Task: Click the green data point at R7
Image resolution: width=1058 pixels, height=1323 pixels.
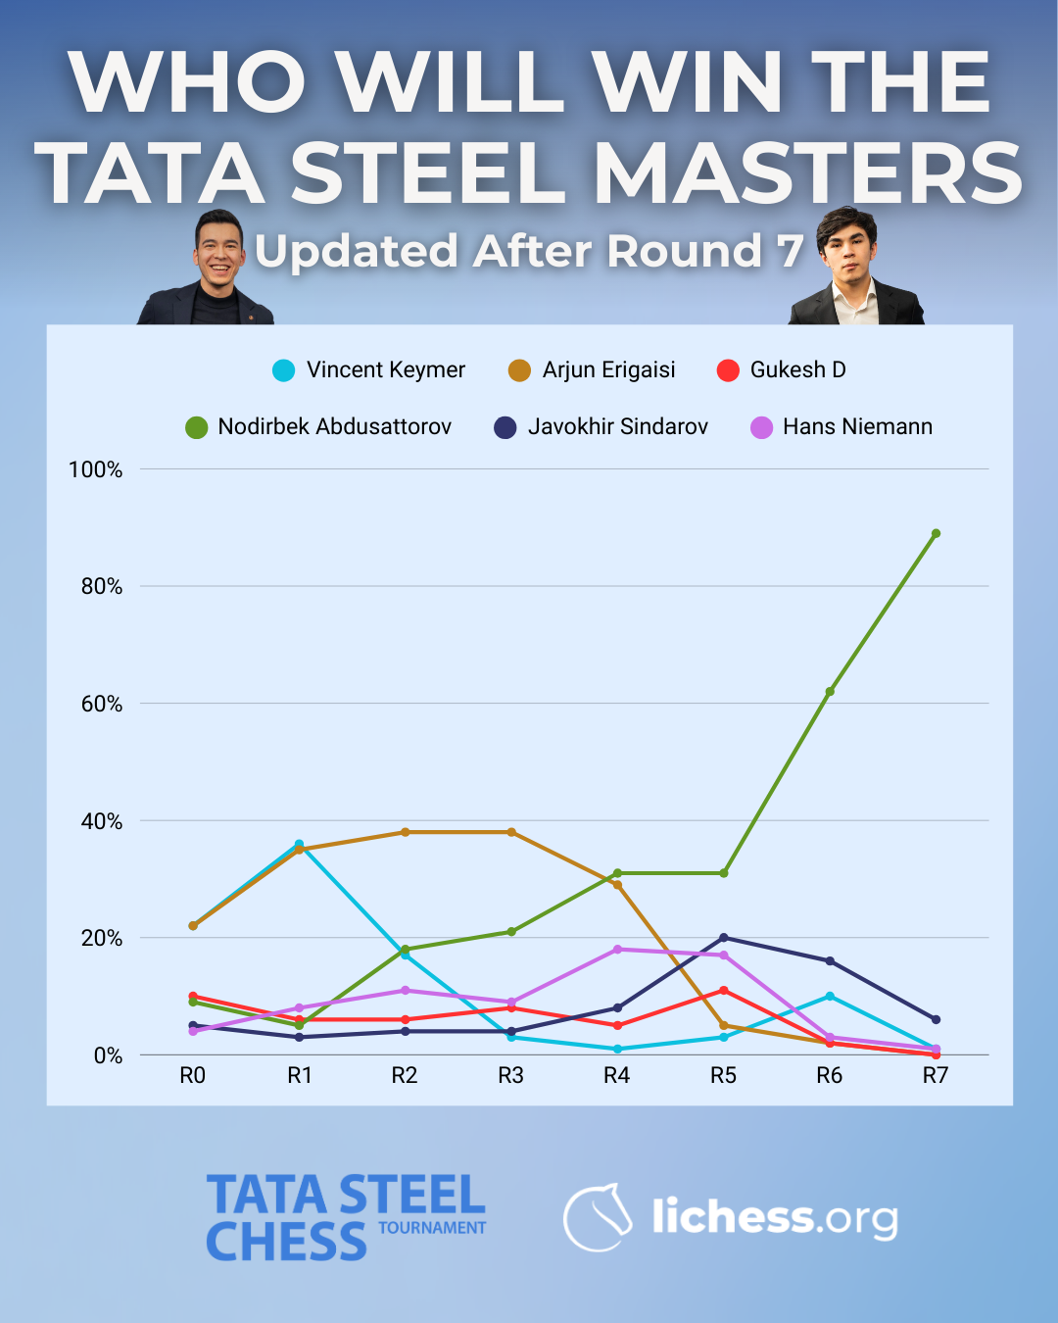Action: pos(936,534)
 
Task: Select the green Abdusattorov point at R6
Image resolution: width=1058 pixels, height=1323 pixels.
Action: pos(830,692)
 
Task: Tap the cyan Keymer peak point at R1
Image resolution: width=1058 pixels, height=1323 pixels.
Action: pos(299,845)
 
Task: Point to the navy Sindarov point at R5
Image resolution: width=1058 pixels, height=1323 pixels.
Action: pos(724,938)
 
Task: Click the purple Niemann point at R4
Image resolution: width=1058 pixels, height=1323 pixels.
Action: pos(617,950)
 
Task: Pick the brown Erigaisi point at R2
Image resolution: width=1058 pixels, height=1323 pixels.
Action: pos(405,832)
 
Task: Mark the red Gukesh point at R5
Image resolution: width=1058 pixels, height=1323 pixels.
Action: pos(724,991)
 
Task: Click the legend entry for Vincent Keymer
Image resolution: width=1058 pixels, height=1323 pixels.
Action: pos(385,370)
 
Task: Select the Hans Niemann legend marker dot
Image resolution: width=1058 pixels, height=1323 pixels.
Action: pos(761,428)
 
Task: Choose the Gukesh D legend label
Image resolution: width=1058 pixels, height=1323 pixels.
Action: pos(797,370)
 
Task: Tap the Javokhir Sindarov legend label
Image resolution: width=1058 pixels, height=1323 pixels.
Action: pos(617,427)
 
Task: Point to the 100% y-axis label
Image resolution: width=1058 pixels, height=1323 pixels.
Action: pos(96,470)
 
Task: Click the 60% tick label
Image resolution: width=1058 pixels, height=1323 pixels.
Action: pos(102,705)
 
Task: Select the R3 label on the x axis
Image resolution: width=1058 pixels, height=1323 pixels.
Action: pos(510,1076)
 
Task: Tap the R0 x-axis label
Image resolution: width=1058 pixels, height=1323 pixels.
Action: pos(193,1076)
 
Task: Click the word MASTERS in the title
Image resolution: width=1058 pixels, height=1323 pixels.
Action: pos(808,173)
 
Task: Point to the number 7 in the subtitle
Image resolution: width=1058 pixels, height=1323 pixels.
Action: pos(790,251)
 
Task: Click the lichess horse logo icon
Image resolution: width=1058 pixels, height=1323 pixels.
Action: pos(599,1217)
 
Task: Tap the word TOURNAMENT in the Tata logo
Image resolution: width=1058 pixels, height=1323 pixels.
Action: pos(432,1228)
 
